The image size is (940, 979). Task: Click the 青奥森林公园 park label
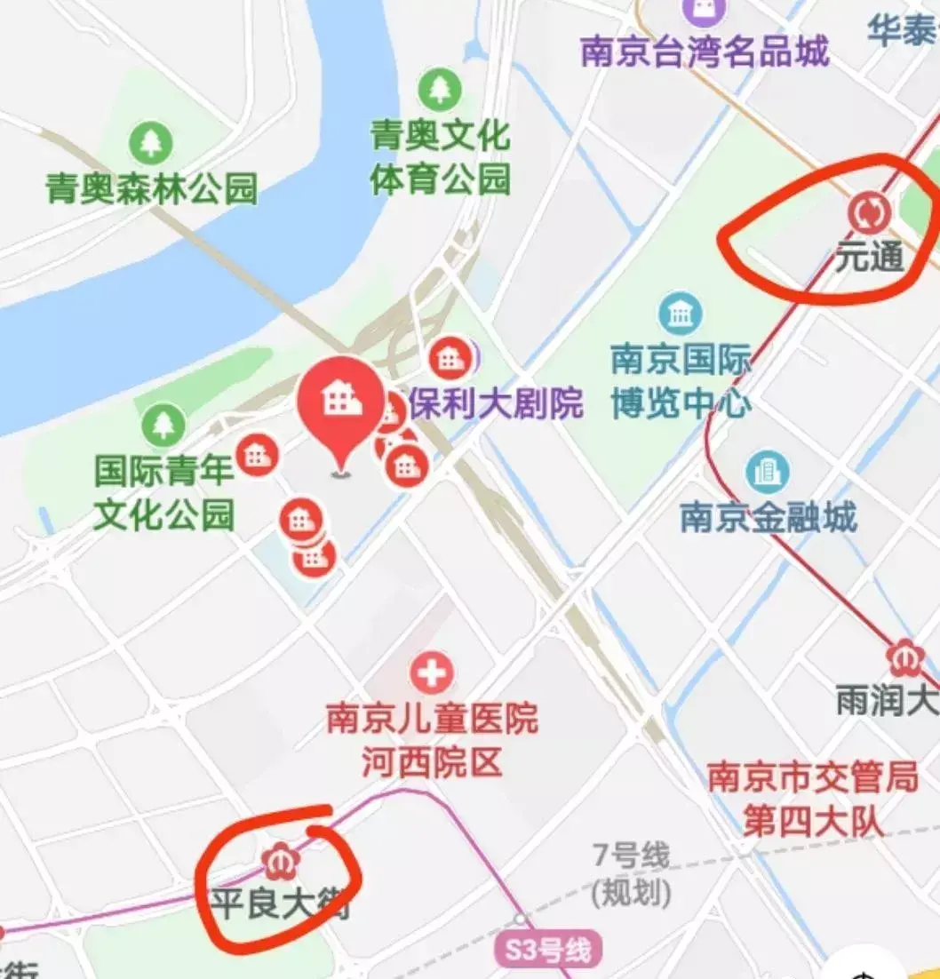tap(151, 188)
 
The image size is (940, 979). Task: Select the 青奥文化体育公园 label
tap(440, 158)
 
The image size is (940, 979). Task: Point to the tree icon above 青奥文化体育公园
tap(439, 88)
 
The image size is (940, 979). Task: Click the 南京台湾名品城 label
tap(705, 52)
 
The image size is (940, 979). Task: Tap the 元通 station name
tap(868, 257)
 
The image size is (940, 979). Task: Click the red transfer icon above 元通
tap(868, 212)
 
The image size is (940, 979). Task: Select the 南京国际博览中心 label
tap(681, 383)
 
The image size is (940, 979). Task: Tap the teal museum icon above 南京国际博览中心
tap(681, 314)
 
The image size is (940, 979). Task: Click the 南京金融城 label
tap(768, 516)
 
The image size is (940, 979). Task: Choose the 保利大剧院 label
tap(496, 403)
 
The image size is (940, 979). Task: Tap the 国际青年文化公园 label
tap(164, 492)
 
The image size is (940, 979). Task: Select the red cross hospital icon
tap(432, 674)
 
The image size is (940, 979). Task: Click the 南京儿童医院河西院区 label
tap(432, 740)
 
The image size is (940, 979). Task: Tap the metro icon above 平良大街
tap(280, 860)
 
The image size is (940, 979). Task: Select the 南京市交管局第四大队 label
tap(812, 800)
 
